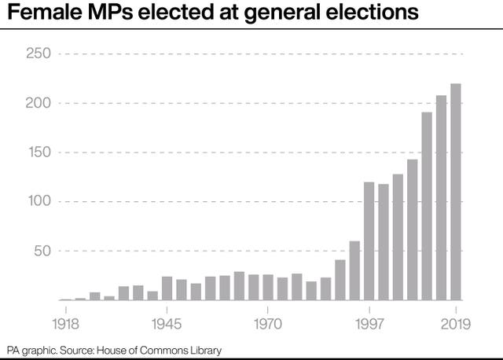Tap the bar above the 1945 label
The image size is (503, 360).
click(167, 288)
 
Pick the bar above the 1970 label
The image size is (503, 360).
click(268, 287)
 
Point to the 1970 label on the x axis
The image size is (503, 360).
click(268, 322)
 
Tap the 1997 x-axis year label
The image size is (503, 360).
click(369, 322)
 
